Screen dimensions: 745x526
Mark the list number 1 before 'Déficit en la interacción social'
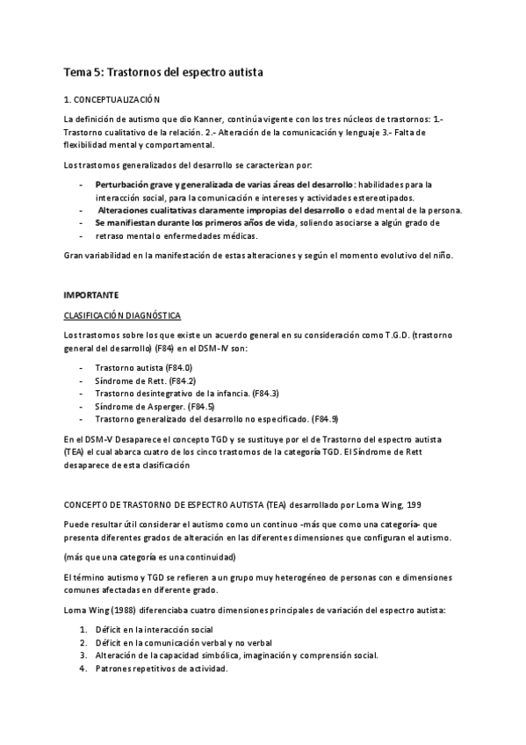[x=83, y=629]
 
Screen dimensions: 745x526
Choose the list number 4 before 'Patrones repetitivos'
[x=83, y=668]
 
